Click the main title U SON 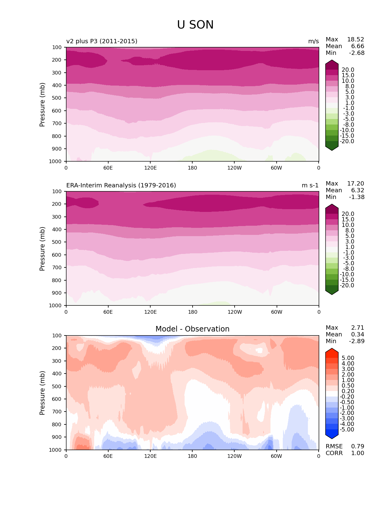point(195,25)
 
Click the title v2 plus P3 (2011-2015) point(102,41)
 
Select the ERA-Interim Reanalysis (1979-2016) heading point(121,185)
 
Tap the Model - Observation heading point(192,329)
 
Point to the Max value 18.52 point(355,40)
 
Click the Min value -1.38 point(357,197)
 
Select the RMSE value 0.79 point(358,446)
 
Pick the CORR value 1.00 point(358,453)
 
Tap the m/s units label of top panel point(313,41)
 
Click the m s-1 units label point(310,186)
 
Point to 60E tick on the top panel point(108,168)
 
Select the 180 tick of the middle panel point(192,312)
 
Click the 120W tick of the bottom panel point(235,456)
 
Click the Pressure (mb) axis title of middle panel point(42,249)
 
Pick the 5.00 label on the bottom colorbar point(348,358)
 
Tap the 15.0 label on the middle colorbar point(348,220)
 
